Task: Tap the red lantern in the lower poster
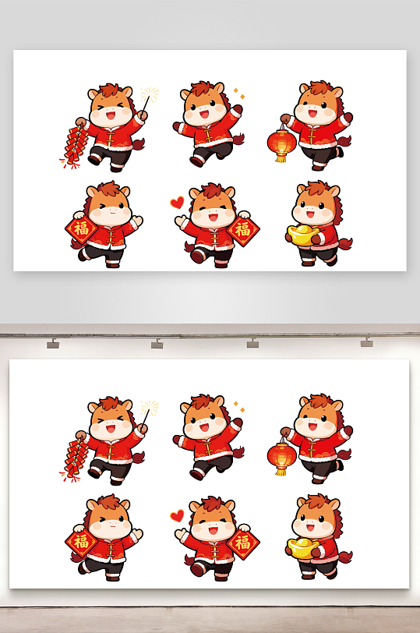click(x=281, y=455)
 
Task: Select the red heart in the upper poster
click(x=177, y=202)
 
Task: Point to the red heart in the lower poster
click(x=177, y=515)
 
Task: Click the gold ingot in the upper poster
click(x=303, y=235)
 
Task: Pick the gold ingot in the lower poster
click(x=303, y=548)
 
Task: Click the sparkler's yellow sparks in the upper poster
click(x=150, y=94)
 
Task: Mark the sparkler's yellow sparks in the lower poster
click(x=150, y=408)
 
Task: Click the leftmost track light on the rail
click(x=53, y=344)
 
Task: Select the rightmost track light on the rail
click(x=367, y=342)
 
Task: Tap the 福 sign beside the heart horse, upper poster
click(x=243, y=230)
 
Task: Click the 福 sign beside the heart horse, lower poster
click(x=243, y=543)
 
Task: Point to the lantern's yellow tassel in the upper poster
click(x=281, y=157)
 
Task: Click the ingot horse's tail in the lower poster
click(x=345, y=557)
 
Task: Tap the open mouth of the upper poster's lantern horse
click(x=312, y=112)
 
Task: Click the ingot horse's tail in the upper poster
click(x=345, y=243)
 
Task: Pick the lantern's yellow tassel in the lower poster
click(x=281, y=471)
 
